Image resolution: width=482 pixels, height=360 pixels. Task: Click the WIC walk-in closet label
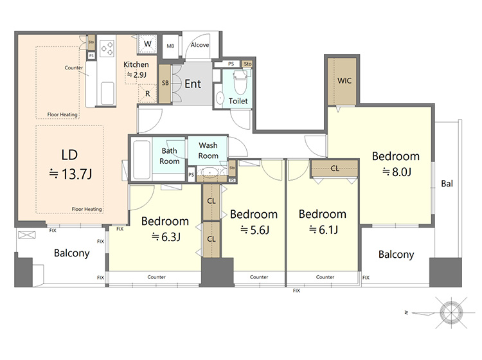coord(344,80)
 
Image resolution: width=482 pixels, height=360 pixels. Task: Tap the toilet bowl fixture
coord(240,83)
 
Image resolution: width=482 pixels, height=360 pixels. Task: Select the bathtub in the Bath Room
coord(141,159)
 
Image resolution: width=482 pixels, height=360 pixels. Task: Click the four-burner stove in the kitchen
coord(107,49)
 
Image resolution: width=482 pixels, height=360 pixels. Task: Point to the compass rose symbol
coord(451,313)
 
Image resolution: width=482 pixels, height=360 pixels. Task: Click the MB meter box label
coord(170,46)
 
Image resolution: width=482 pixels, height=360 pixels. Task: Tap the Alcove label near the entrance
coord(200,45)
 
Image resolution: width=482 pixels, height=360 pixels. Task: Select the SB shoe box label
coord(165,83)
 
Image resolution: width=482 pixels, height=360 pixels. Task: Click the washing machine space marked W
coord(148,44)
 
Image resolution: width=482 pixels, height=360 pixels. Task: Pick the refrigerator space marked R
coord(148,93)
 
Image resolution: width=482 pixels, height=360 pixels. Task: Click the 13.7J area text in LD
coord(71,174)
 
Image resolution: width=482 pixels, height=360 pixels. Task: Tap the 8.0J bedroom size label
coord(397,172)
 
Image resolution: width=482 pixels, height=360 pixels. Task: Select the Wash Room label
coord(208,150)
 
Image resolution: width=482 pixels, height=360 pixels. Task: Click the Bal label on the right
coord(447,184)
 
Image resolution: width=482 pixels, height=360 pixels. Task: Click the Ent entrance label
coord(193,84)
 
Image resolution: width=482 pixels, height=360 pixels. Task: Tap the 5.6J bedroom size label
coord(255,230)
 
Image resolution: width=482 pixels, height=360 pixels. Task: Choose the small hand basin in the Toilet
coord(220,98)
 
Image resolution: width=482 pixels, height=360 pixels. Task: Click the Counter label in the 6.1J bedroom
coord(325,277)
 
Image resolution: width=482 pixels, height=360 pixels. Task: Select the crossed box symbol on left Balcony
coord(27,235)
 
